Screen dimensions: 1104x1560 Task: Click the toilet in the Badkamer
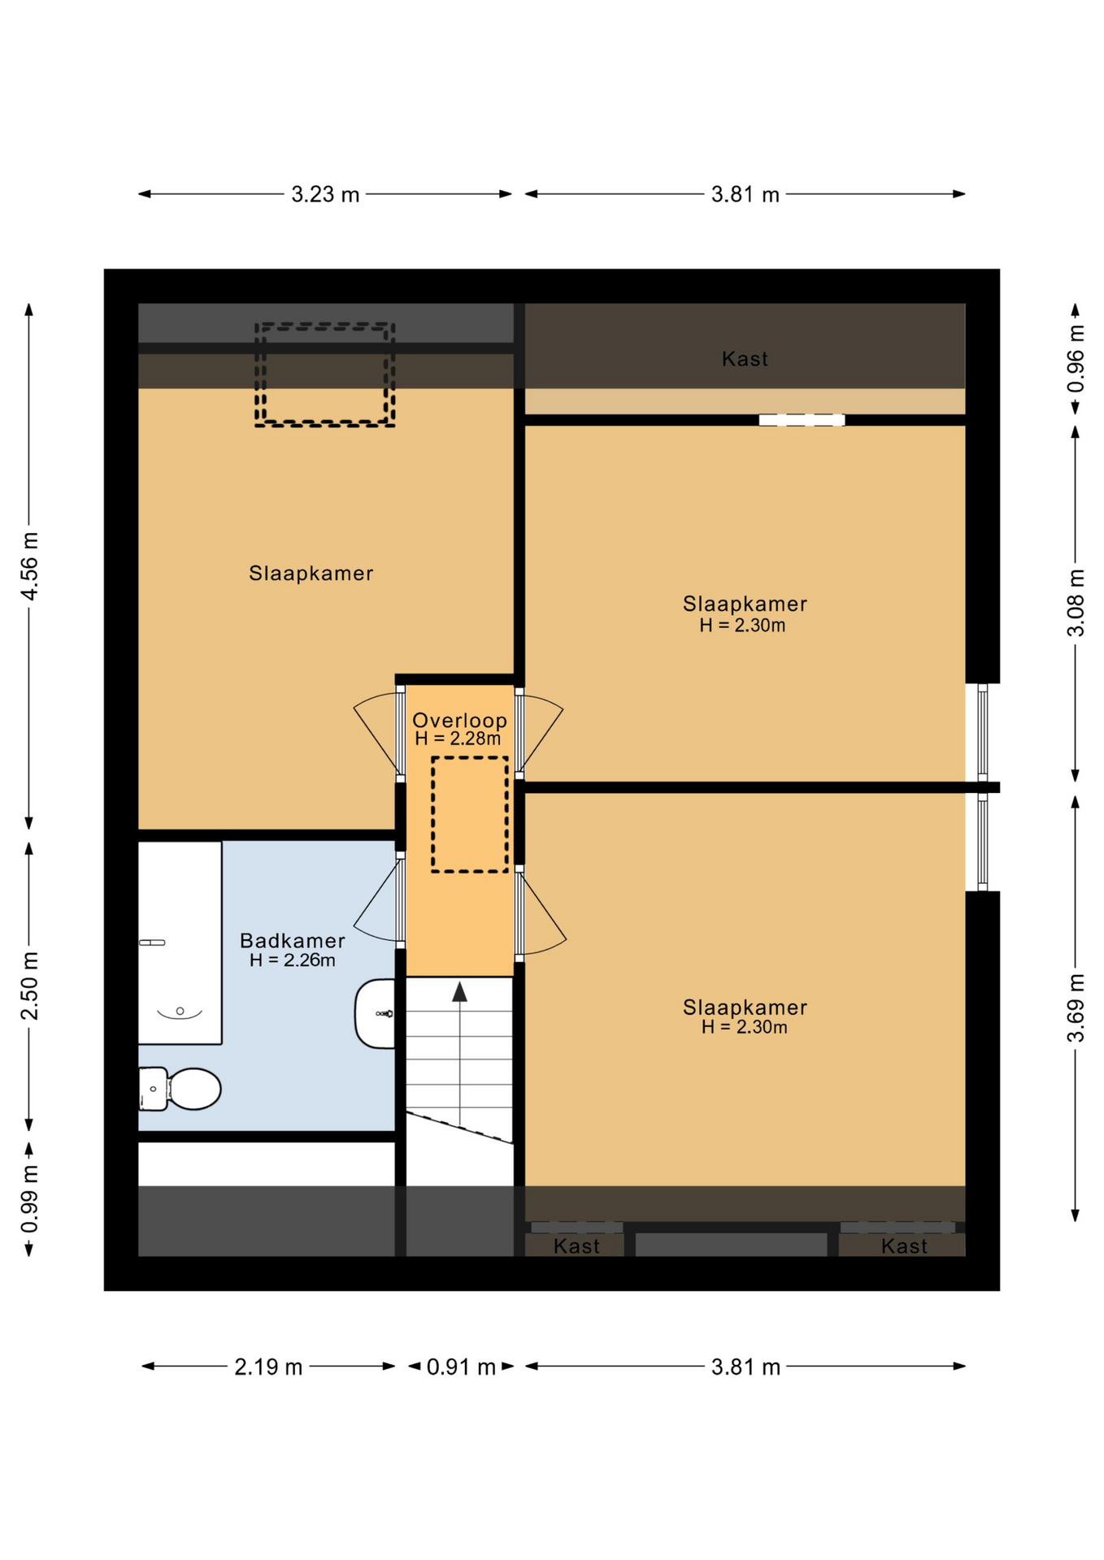pos(180,1088)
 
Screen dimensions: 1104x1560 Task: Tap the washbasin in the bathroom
pos(376,1013)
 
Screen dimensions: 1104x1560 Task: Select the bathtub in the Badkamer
pos(180,942)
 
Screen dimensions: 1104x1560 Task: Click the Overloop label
pos(459,720)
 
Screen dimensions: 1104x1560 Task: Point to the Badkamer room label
pos(293,940)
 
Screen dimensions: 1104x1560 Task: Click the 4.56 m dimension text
pos(29,566)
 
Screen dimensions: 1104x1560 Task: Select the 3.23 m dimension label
pos(325,194)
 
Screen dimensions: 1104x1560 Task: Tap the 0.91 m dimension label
pos(461,1367)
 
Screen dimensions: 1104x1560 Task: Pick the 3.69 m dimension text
pos(1076,1007)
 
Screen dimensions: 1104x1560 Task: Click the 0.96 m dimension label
pos(1076,358)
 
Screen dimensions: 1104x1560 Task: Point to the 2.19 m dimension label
pos(268,1367)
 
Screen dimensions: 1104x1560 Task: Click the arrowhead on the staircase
pos(459,991)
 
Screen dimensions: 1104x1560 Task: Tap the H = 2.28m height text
pos(458,739)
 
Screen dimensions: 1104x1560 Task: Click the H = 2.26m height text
pos(293,960)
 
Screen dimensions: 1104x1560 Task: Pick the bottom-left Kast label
pos(576,1246)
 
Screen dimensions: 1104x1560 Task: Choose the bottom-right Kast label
pos(904,1246)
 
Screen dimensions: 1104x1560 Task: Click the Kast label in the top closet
pos(745,358)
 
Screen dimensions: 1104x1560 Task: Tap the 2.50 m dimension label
pos(29,986)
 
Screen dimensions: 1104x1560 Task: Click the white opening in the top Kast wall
pos(802,420)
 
